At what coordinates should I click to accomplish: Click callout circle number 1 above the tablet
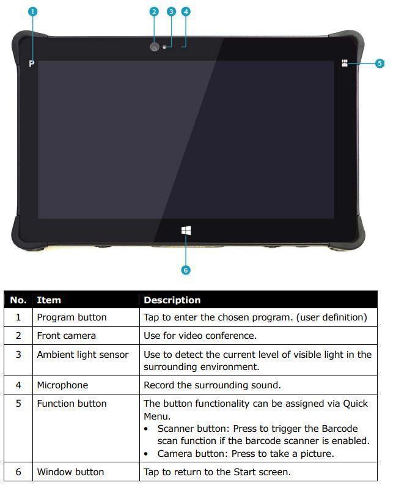pos(33,12)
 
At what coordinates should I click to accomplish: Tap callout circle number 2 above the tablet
pos(154,12)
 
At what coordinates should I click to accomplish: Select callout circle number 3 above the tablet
pos(171,12)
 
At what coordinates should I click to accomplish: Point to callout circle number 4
pos(186,12)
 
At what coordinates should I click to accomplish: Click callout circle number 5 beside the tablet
pos(380,63)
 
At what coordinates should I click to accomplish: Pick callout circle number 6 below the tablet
pos(186,270)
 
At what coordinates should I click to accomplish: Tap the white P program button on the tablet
pos(32,64)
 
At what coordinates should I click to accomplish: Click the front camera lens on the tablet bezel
pos(155,46)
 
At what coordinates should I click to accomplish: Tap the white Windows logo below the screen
pos(186,231)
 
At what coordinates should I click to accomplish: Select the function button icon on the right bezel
pos(345,63)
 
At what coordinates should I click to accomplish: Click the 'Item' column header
pos(49,300)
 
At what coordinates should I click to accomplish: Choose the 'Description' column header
pos(172,300)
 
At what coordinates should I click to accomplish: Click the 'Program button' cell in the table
pos(71,317)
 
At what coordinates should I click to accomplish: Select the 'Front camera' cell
pos(66,336)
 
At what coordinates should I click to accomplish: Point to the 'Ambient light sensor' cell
pos(82,355)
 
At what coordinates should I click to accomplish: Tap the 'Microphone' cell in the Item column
pos(62,385)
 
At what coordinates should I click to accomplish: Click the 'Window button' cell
pos(70,472)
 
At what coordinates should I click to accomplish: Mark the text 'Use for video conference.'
pos(200,336)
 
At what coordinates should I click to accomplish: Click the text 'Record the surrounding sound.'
pos(212,385)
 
